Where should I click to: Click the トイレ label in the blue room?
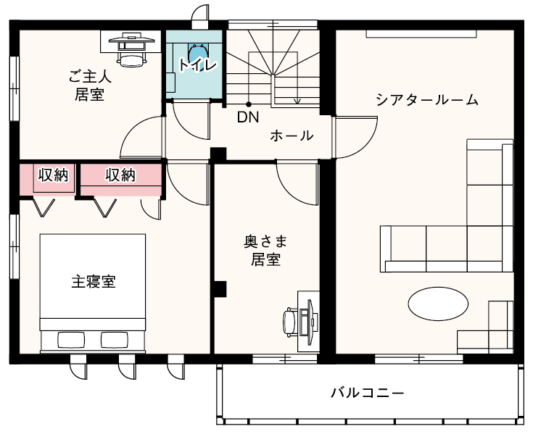(x=197, y=64)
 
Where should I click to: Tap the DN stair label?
(x=248, y=117)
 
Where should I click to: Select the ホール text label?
(x=292, y=135)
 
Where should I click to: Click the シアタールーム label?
(x=427, y=100)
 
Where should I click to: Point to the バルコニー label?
(x=368, y=393)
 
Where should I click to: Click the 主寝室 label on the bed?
(x=94, y=282)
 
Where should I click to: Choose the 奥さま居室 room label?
(x=265, y=251)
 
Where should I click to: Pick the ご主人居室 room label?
(x=90, y=85)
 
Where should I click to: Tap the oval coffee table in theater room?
(x=438, y=304)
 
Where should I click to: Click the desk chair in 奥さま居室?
(x=289, y=322)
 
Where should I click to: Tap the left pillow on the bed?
(x=71, y=340)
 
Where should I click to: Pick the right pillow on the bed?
(x=115, y=340)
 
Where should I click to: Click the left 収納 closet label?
(x=53, y=175)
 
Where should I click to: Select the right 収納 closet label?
(x=120, y=175)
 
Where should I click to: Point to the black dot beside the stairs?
(x=249, y=104)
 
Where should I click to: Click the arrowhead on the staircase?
(x=298, y=101)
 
